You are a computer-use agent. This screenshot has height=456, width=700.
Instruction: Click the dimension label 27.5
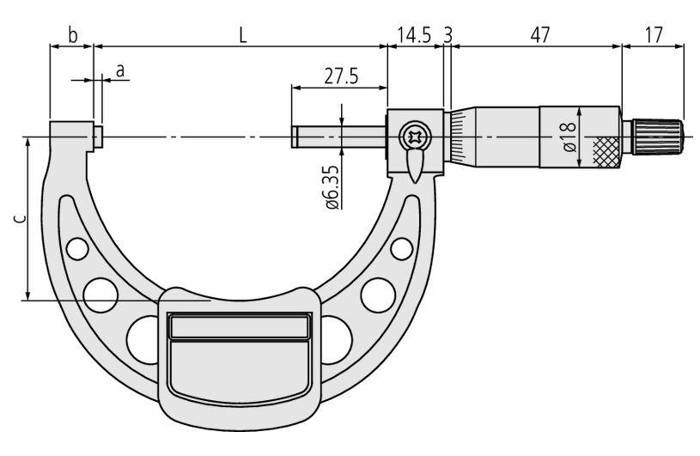coord(341,76)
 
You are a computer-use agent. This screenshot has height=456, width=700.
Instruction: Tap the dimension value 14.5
coord(414,35)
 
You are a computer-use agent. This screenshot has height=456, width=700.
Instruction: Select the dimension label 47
coord(540,35)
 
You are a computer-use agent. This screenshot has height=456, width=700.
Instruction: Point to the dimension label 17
coord(654,35)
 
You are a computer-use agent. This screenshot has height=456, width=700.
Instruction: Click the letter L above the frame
coord(242,35)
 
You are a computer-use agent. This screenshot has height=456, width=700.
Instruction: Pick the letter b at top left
coord(72,35)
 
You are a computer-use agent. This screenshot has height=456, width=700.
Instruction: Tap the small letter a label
coord(120,71)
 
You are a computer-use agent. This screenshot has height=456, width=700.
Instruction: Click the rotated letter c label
coord(19,219)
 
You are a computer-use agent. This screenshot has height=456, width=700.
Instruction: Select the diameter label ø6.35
coord(332,187)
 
